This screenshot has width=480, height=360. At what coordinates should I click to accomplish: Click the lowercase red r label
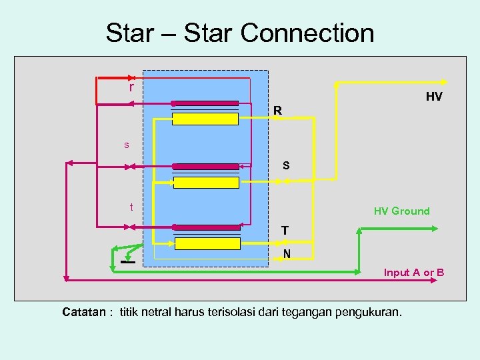point(131,87)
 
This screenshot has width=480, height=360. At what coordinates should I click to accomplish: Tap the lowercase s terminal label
point(126,145)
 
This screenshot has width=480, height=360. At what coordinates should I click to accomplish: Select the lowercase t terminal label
point(131,207)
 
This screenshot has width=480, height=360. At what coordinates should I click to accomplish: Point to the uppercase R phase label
point(277,109)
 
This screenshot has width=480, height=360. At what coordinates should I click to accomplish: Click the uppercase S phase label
point(285,165)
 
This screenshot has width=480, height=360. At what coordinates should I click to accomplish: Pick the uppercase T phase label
point(285,230)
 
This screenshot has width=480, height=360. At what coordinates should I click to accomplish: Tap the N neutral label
point(286,253)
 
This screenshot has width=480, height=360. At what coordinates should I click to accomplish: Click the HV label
point(433,97)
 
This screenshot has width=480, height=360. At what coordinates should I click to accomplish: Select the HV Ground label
point(401,211)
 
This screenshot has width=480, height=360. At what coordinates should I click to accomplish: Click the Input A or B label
point(413,273)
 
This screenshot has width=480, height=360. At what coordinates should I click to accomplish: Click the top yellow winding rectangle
point(205,119)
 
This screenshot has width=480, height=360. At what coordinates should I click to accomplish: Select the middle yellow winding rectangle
point(205,181)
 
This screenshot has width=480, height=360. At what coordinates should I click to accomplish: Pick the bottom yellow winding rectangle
point(207,243)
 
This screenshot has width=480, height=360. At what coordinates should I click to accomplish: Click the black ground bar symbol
point(128,262)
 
